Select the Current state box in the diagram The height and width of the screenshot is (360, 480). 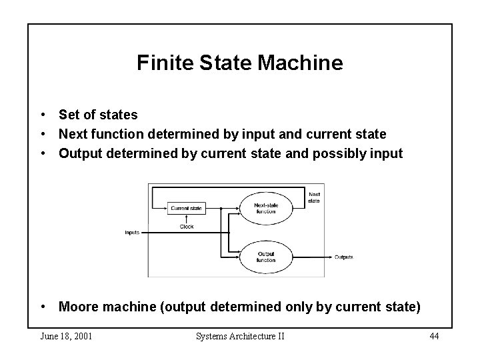tap(186, 208)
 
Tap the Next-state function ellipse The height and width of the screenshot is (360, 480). tap(265, 207)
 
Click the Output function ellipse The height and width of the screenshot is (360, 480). tap(265, 256)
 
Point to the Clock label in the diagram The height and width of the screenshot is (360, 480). tap(187, 226)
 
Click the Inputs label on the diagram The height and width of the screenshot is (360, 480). tap(132, 233)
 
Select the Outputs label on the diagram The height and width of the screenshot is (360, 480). tap(343, 257)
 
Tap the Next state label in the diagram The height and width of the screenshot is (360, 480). tap(314, 197)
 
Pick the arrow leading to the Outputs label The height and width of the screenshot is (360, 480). tap(313, 257)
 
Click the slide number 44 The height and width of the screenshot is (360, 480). tap(434, 335)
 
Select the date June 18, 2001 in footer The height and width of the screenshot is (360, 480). tap(66, 335)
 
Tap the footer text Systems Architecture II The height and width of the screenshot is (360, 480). tap(240, 335)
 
